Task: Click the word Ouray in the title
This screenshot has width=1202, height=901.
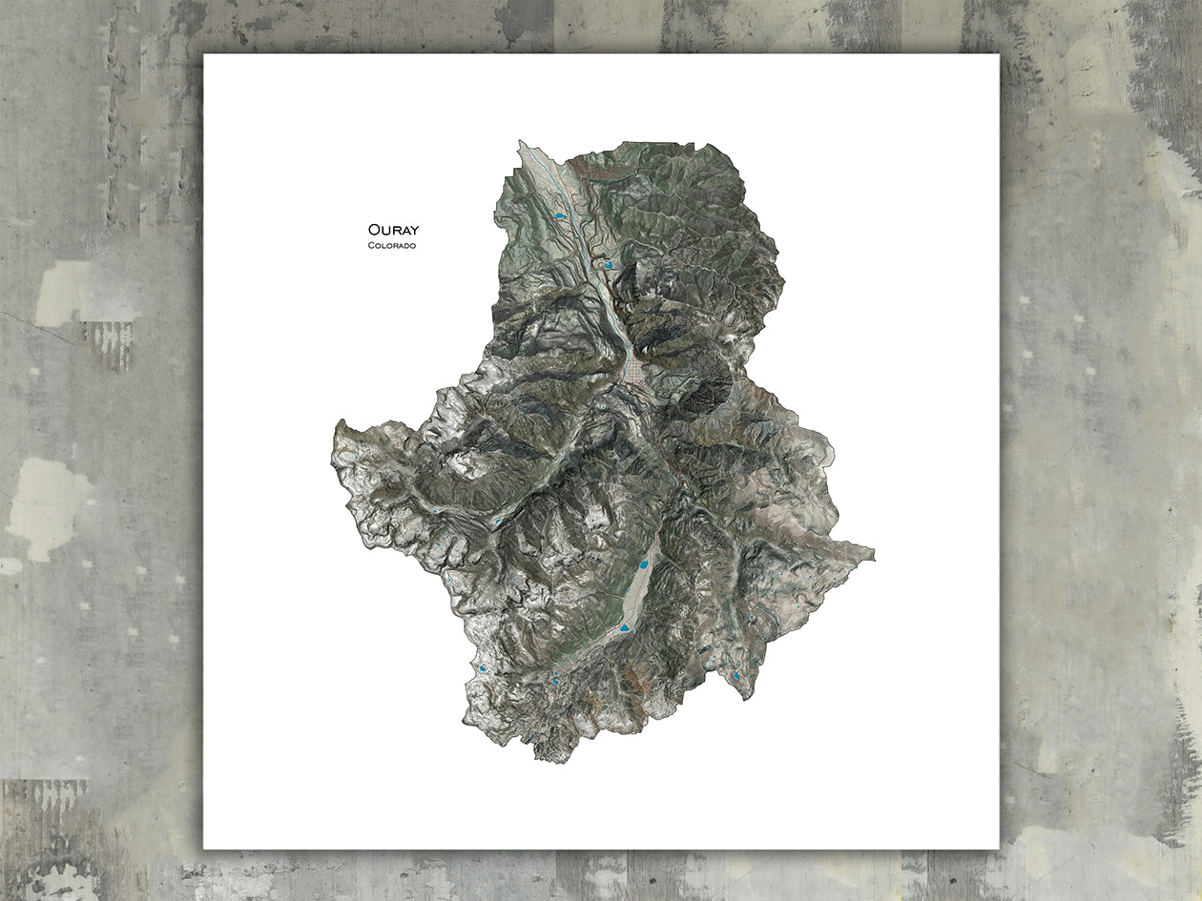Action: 393,230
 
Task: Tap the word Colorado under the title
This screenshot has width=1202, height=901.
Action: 391,246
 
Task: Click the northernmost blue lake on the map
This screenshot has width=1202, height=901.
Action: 561,218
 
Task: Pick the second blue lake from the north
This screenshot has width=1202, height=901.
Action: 608,264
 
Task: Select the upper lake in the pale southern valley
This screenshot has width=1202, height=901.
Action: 644,565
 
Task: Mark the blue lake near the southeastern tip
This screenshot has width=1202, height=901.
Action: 737,677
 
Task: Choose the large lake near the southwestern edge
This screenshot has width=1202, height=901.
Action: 483,668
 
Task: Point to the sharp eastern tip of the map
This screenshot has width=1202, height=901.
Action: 872,551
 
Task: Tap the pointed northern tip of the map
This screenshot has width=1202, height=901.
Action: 521,142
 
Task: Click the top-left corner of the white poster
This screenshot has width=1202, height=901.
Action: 204,54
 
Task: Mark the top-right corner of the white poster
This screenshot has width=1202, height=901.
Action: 999,54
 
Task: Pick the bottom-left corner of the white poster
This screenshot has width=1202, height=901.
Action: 204,848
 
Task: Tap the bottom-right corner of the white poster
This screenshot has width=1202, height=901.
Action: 999,848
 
